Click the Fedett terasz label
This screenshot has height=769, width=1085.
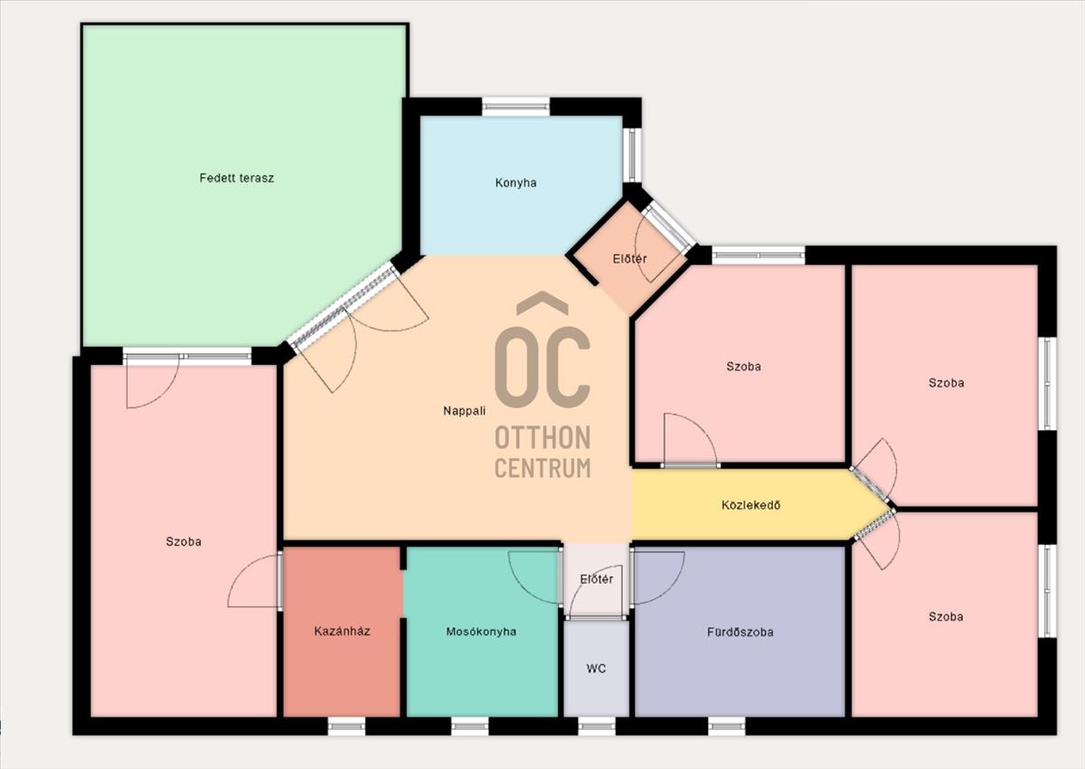click(x=237, y=178)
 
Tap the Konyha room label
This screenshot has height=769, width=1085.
click(x=516, y=183)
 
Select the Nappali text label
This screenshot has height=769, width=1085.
click(x=465, y=411)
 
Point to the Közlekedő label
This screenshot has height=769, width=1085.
click(x=750, y=505)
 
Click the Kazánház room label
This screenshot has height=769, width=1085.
click(x=342, y=631)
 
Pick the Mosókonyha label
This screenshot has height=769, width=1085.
click(x=481, y=632)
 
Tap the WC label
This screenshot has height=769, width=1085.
click(x=596, y=669)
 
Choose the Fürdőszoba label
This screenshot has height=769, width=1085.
click(x=741, y=632)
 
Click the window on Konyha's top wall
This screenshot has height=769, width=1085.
click(x=516, y=107)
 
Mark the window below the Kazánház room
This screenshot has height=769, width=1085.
click(x=346, y=726)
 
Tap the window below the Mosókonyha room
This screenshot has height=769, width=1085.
click(x=470, y=726)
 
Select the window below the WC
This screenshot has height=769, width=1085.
click(x=597, y=726)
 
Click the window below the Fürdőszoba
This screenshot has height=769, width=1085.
click(x=727, y=726)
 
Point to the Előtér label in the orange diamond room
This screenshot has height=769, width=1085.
click(x=629, y=259)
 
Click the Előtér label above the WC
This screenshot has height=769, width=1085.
click(x=597, y=579)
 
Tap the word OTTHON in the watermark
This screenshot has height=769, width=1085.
click(x=542, y=437)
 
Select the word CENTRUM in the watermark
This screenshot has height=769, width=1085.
click(x=542, y=468)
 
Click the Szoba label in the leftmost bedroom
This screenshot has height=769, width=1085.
click(x=184, y=541)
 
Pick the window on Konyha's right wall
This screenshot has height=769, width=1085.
click(x=632, y=155)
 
